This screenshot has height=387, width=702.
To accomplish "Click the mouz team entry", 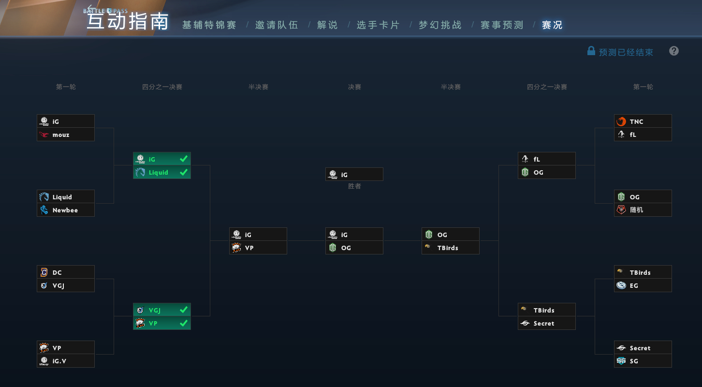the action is tap(65, 134).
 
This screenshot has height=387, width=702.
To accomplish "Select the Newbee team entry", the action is tap(65, 210).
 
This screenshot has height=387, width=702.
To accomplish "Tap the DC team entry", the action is tap(65, 272).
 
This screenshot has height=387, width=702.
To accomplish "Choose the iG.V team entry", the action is tap(65, 361).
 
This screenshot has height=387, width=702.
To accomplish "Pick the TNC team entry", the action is tap(643, 121).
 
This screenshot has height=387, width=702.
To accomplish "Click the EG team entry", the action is tap(643, 285).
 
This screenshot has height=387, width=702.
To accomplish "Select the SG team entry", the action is tap(643, 361).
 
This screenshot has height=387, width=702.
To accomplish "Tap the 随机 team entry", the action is tap(643, 210).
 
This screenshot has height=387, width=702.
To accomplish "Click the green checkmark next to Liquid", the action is tap(184, 172).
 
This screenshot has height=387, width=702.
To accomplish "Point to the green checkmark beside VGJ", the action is tap(184, 310).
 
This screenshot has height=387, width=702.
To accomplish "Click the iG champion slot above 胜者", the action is tap(354, 174).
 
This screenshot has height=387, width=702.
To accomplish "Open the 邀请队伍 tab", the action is tap(277, 25).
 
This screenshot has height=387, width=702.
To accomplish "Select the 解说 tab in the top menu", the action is tap(327, 25).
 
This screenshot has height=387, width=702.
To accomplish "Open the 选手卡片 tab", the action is tap(378, 25).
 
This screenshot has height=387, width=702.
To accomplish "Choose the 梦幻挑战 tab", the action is tap(440, 25).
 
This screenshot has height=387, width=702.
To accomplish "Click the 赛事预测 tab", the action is tap(502, 25).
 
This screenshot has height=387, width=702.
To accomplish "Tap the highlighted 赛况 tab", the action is tap(552, 25).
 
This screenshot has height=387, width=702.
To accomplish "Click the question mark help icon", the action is tap(674, 51).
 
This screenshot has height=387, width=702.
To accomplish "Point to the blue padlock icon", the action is tap(591, 51).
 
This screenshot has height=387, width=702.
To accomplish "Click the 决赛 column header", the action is tap(354, 87).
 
